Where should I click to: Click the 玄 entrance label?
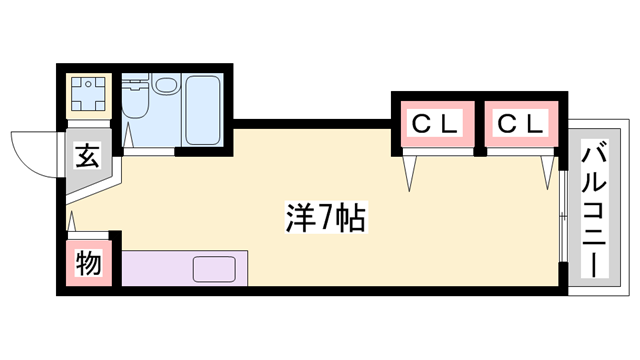tap(88, 157)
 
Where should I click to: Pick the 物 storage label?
tap(88, 264)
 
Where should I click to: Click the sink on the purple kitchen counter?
tap(214, 269)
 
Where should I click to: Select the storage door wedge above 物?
tap(71, 219)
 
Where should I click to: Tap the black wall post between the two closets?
tap(479, 125)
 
